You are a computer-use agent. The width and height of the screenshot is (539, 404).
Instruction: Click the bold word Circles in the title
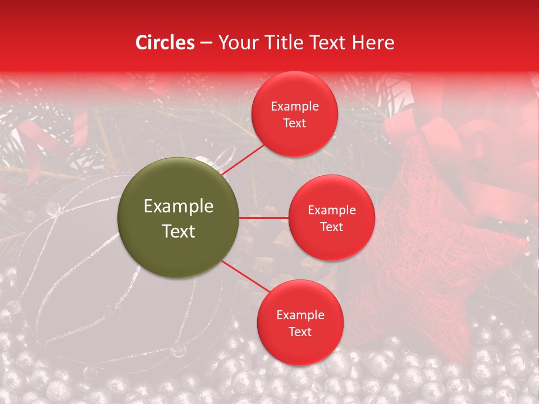pyautogui.click(x=165, y=43)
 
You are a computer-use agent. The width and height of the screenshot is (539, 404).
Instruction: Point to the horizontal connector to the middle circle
pyautogui.click(x=264, y=218)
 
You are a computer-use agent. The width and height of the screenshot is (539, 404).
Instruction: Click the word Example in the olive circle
pyautogui.click(x=179, y=206)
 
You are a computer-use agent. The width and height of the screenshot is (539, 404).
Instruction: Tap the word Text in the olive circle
pyautogui.click(x=179, y=231)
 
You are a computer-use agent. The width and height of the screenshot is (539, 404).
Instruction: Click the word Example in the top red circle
pyautogui.click(x=294, y=107)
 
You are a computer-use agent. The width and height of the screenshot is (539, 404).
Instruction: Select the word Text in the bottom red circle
pyautogui.click(x=300, y=332)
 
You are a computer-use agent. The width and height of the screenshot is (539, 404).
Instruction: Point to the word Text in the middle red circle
pyautogui.click(x=331, y=227)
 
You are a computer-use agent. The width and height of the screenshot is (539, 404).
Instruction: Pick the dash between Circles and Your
pyautogui.click(x=206, y=43)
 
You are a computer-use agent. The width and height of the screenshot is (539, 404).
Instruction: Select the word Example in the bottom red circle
pyautogui.click(x=300, y=315)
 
